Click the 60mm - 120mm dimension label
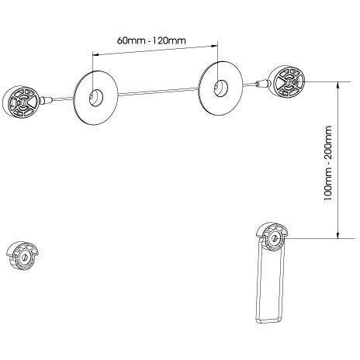(151, 40)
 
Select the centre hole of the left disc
(96, 98)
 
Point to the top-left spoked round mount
(21, 101)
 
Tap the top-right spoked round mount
(286, 81)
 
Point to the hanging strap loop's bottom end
(268, 320)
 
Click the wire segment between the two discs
(158, 92)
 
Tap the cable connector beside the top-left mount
(46, 100)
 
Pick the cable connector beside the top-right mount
(261, 83)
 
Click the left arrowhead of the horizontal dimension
(95, 54)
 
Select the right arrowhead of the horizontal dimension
(215, 46)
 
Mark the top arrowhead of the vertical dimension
(337, 85)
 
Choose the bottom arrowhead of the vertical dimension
(337, 235)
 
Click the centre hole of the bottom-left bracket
(25, 258)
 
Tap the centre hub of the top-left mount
(22, 101)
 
